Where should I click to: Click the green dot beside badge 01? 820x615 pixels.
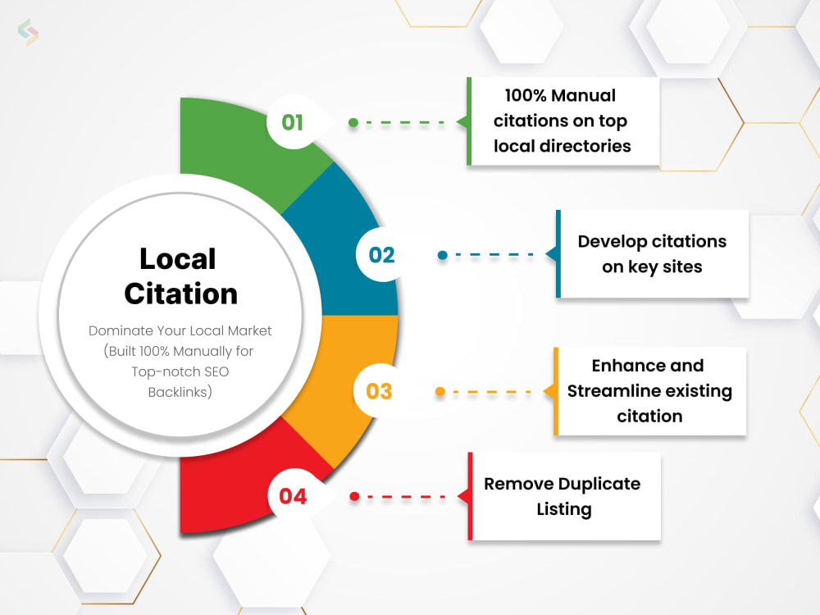(353, 122)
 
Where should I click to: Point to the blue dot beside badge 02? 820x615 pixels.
(443, 255)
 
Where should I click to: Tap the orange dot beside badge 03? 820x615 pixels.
(440, 391)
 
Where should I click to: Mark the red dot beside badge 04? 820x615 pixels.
(354, 496)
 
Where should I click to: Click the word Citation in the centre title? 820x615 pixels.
(181, 294)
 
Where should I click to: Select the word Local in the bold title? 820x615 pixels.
(178, 258)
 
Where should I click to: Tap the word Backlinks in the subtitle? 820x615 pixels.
(180, 392)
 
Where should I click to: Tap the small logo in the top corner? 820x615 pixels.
(28, 32)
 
